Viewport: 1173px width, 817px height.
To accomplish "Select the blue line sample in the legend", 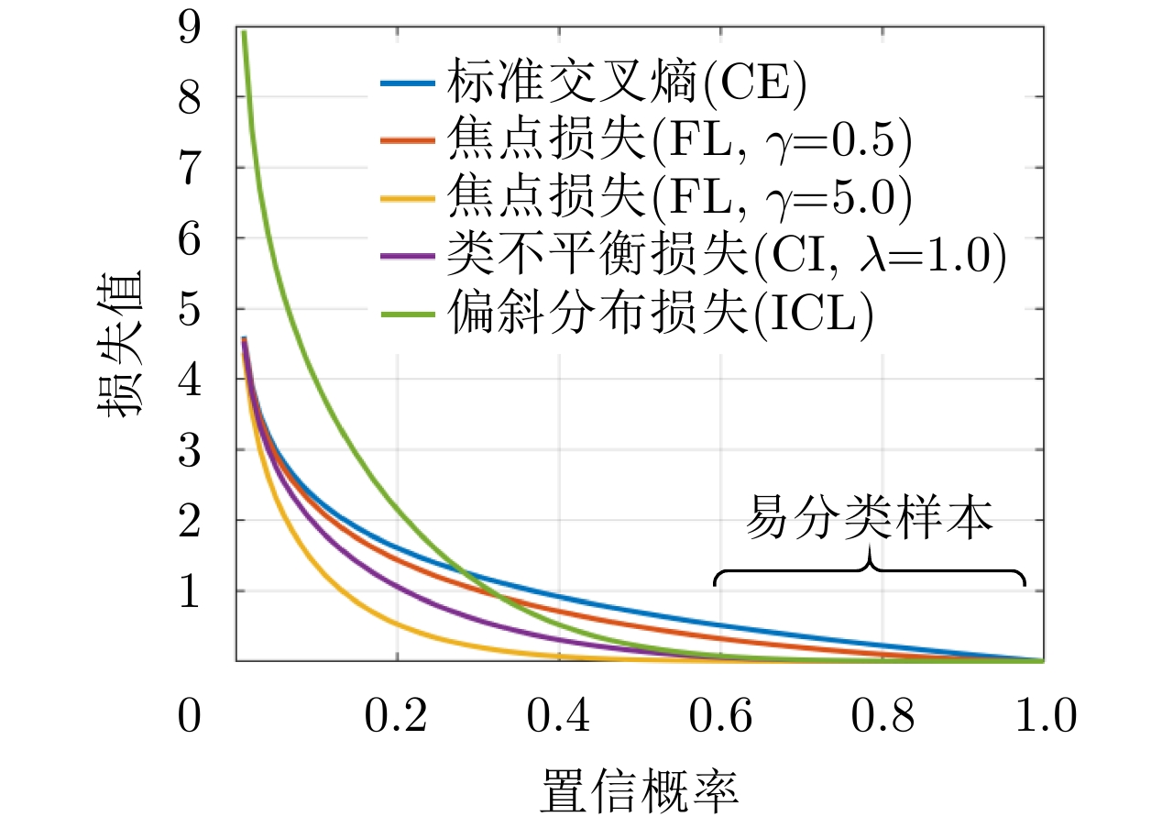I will pos(406,83).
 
